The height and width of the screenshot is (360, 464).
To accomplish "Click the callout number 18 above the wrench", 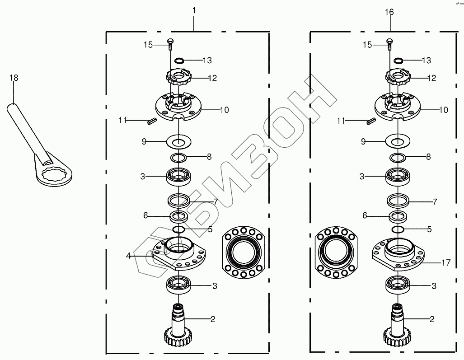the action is click(x=14, y=78).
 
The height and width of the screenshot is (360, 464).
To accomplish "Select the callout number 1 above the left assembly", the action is click(x=194, y=11).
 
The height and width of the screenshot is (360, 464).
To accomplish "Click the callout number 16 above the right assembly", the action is click(x=389, y=12).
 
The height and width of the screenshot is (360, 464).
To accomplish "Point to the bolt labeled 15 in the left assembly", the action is click(x=170, y=44).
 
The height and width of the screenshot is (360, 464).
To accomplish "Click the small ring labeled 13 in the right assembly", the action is click(x=398, y=61).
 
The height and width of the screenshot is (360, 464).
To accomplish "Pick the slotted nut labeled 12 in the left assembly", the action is click(x=178, y=77).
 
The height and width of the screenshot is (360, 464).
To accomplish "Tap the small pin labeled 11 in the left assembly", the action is click(x=151, y=122).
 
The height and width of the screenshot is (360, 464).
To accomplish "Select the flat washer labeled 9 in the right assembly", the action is click(x=398, y=142).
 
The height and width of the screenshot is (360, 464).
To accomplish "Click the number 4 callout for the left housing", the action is click(x=128, y=256).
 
